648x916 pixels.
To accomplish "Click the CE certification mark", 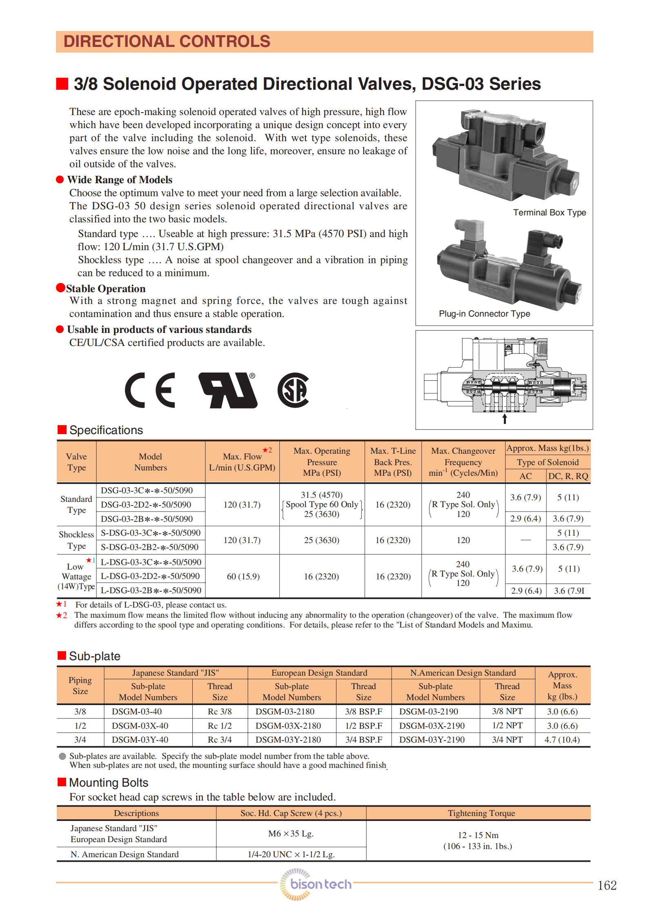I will (x=150, y=390).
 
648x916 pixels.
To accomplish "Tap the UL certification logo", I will (x=228, y=390).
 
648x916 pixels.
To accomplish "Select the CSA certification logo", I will (x=293, y=390).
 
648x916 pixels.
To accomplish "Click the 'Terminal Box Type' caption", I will (x=549, y=213).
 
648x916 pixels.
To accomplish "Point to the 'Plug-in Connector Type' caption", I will (x=484, y=314).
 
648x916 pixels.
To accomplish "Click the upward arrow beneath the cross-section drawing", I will (x=505, y=419).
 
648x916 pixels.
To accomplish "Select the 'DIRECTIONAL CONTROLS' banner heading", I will (x=167, y=42).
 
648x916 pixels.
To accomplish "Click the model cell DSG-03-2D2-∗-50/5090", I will (x=146, y=505).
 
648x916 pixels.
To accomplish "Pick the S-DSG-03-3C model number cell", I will (x=151, y=533).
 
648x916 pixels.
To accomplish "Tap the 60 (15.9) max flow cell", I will (x=243, y=577).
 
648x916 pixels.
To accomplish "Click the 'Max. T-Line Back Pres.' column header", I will (x=393, y=462).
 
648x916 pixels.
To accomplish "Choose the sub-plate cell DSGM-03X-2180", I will (x=288, y=726).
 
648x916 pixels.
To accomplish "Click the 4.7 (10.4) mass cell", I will (x=562, y=740).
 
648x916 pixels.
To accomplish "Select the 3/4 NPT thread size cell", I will (x=507, y=740).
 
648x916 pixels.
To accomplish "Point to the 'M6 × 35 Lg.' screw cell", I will (x=291, y=834).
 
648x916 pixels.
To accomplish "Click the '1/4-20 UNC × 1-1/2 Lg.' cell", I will (x=291, y=854).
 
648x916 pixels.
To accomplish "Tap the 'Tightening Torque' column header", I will (x=481, y=813).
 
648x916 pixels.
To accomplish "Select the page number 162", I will (x=607, y=885).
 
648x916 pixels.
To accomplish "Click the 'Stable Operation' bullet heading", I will (x=106, y=289).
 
